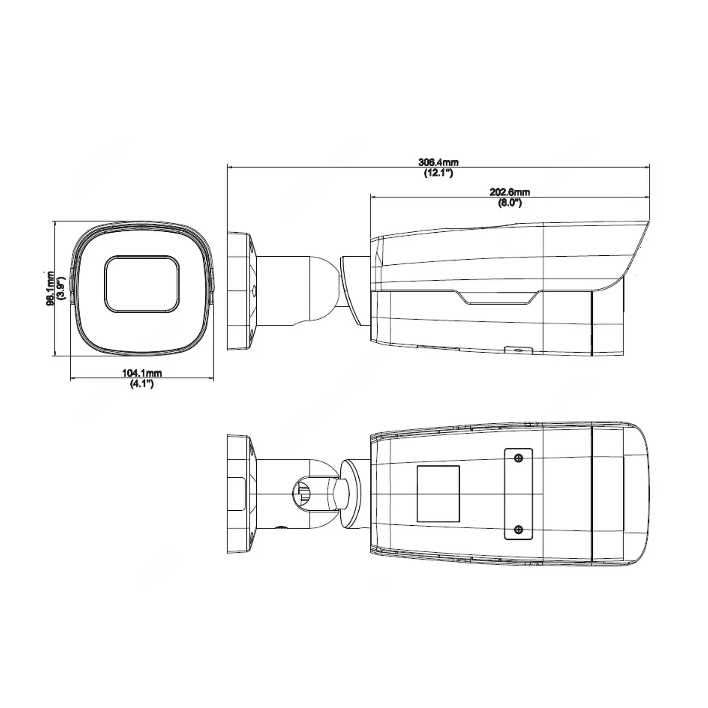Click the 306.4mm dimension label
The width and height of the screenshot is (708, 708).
[438, 162]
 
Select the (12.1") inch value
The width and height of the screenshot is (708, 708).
[438, 173]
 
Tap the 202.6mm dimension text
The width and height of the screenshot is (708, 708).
[510, 192]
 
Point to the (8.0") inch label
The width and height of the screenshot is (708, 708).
[510, 203]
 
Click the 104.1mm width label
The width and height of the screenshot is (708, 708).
[142, 373]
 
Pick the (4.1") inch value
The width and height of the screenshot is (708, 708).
[142, 384]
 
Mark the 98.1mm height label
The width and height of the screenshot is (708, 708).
[51, 289]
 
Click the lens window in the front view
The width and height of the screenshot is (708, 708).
[142, 284]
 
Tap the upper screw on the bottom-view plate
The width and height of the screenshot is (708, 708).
[518, 458]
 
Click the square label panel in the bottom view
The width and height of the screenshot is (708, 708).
[438, 494]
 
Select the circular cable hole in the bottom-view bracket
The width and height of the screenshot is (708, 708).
[304, 494]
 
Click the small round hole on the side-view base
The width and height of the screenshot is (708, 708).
[254, 291]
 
